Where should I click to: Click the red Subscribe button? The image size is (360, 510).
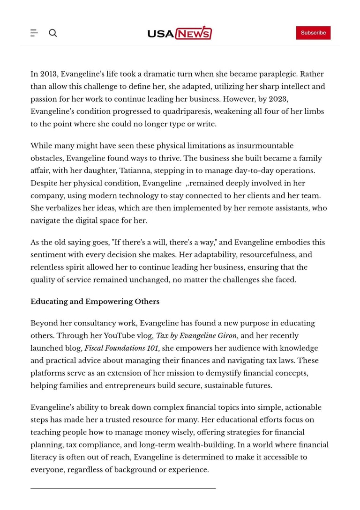[313, 33]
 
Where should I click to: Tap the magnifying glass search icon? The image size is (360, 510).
[53, 33]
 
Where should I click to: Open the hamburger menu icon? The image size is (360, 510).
[34, 33]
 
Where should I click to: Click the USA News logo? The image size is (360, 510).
[180, 33]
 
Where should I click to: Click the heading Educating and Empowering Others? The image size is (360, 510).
[95, 302]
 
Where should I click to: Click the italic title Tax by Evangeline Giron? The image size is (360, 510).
[196, 336]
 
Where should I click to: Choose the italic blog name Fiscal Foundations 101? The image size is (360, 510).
[121, 348]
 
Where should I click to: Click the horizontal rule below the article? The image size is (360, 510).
[123, 488]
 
